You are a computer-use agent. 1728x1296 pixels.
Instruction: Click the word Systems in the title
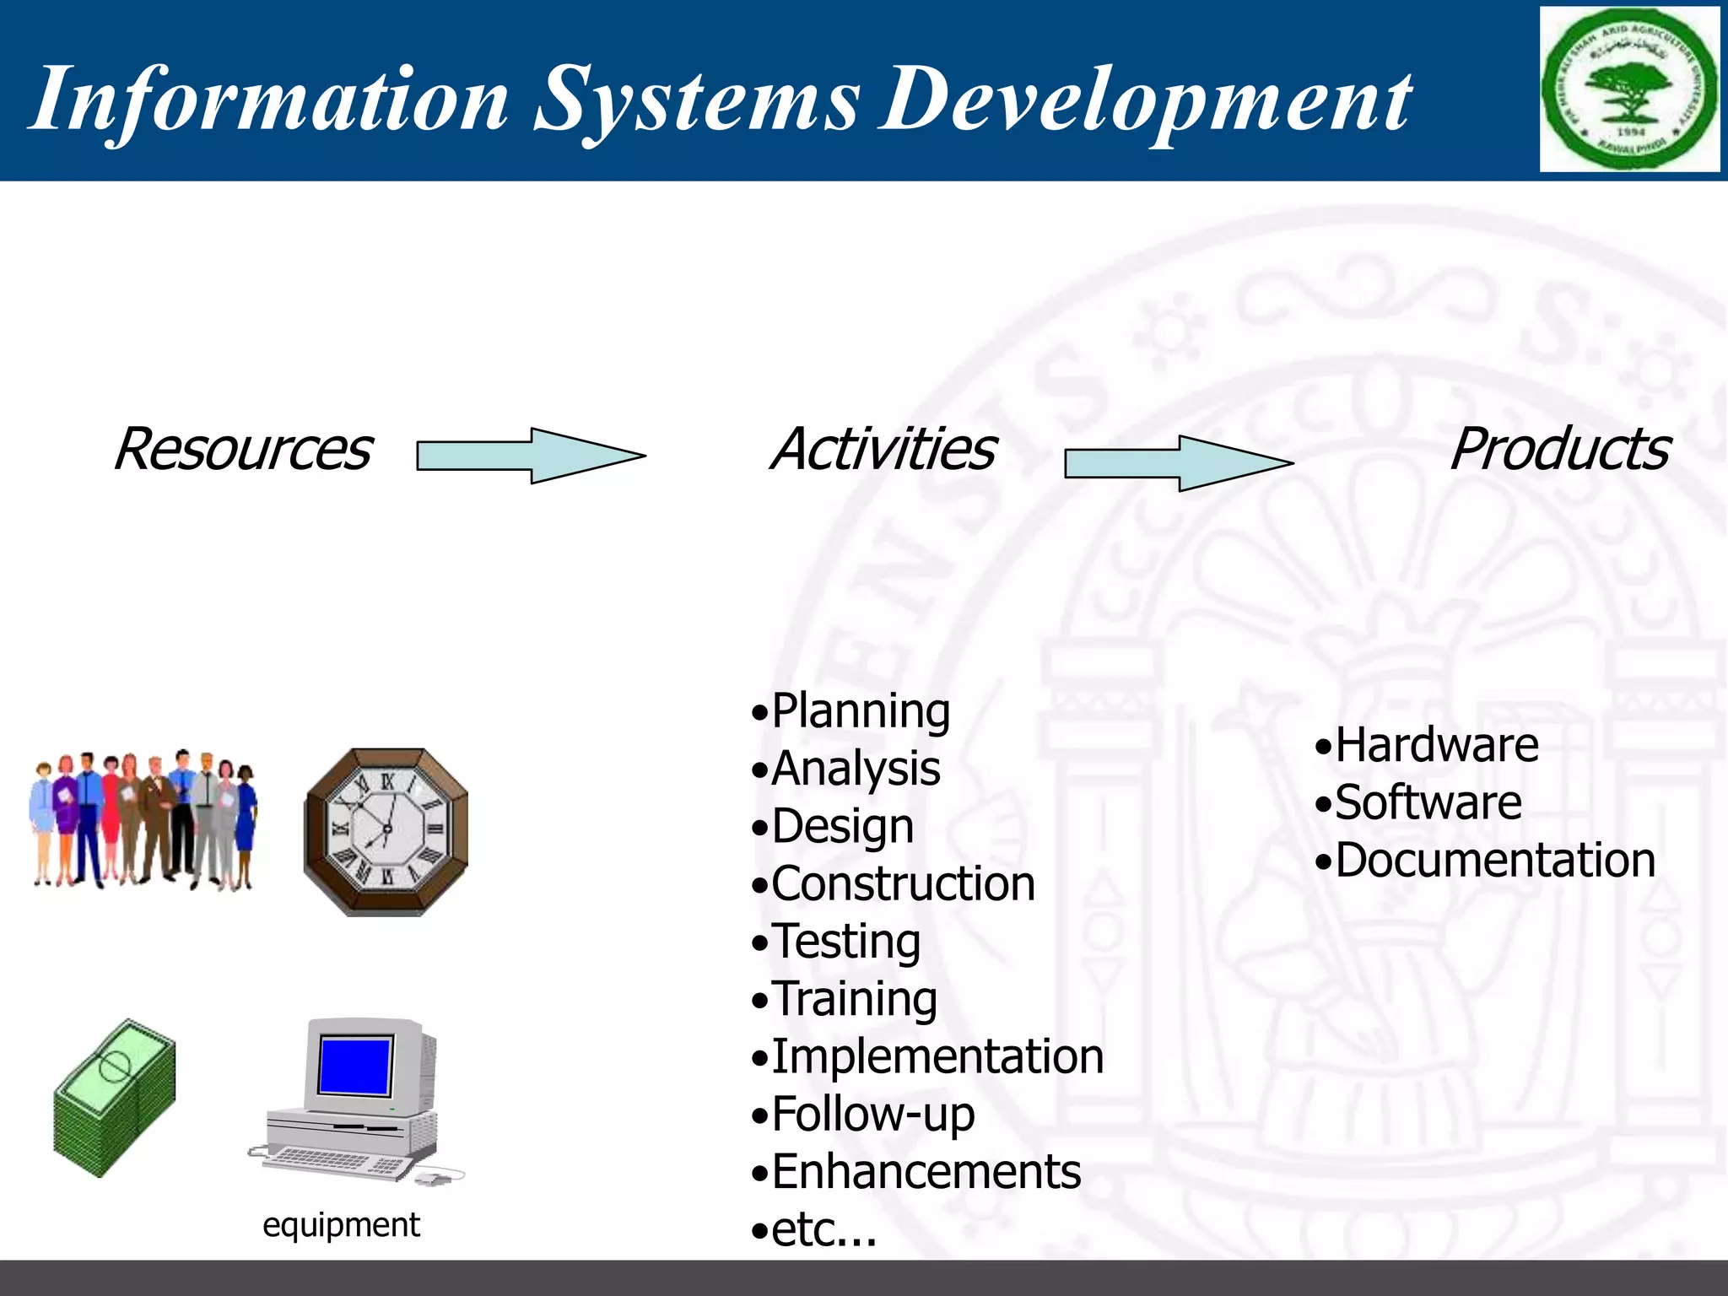click(697, 100)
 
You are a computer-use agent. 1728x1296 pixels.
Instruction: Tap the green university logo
click(1629, 89)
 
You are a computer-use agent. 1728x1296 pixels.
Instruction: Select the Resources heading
click(242, 449)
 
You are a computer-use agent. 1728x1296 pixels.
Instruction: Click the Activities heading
click(883, 449)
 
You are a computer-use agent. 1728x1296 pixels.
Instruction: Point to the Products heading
click(1558, 449)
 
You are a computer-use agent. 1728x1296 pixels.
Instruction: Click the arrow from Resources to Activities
click(531, 456)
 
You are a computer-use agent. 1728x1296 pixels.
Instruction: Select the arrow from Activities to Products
click(1178, 463)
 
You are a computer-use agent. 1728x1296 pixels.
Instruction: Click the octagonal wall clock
click(386, 831)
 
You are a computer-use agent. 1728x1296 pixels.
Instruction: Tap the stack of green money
click(115, 1098)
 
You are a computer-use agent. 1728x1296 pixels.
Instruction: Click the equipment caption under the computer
click(341, 1224)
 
